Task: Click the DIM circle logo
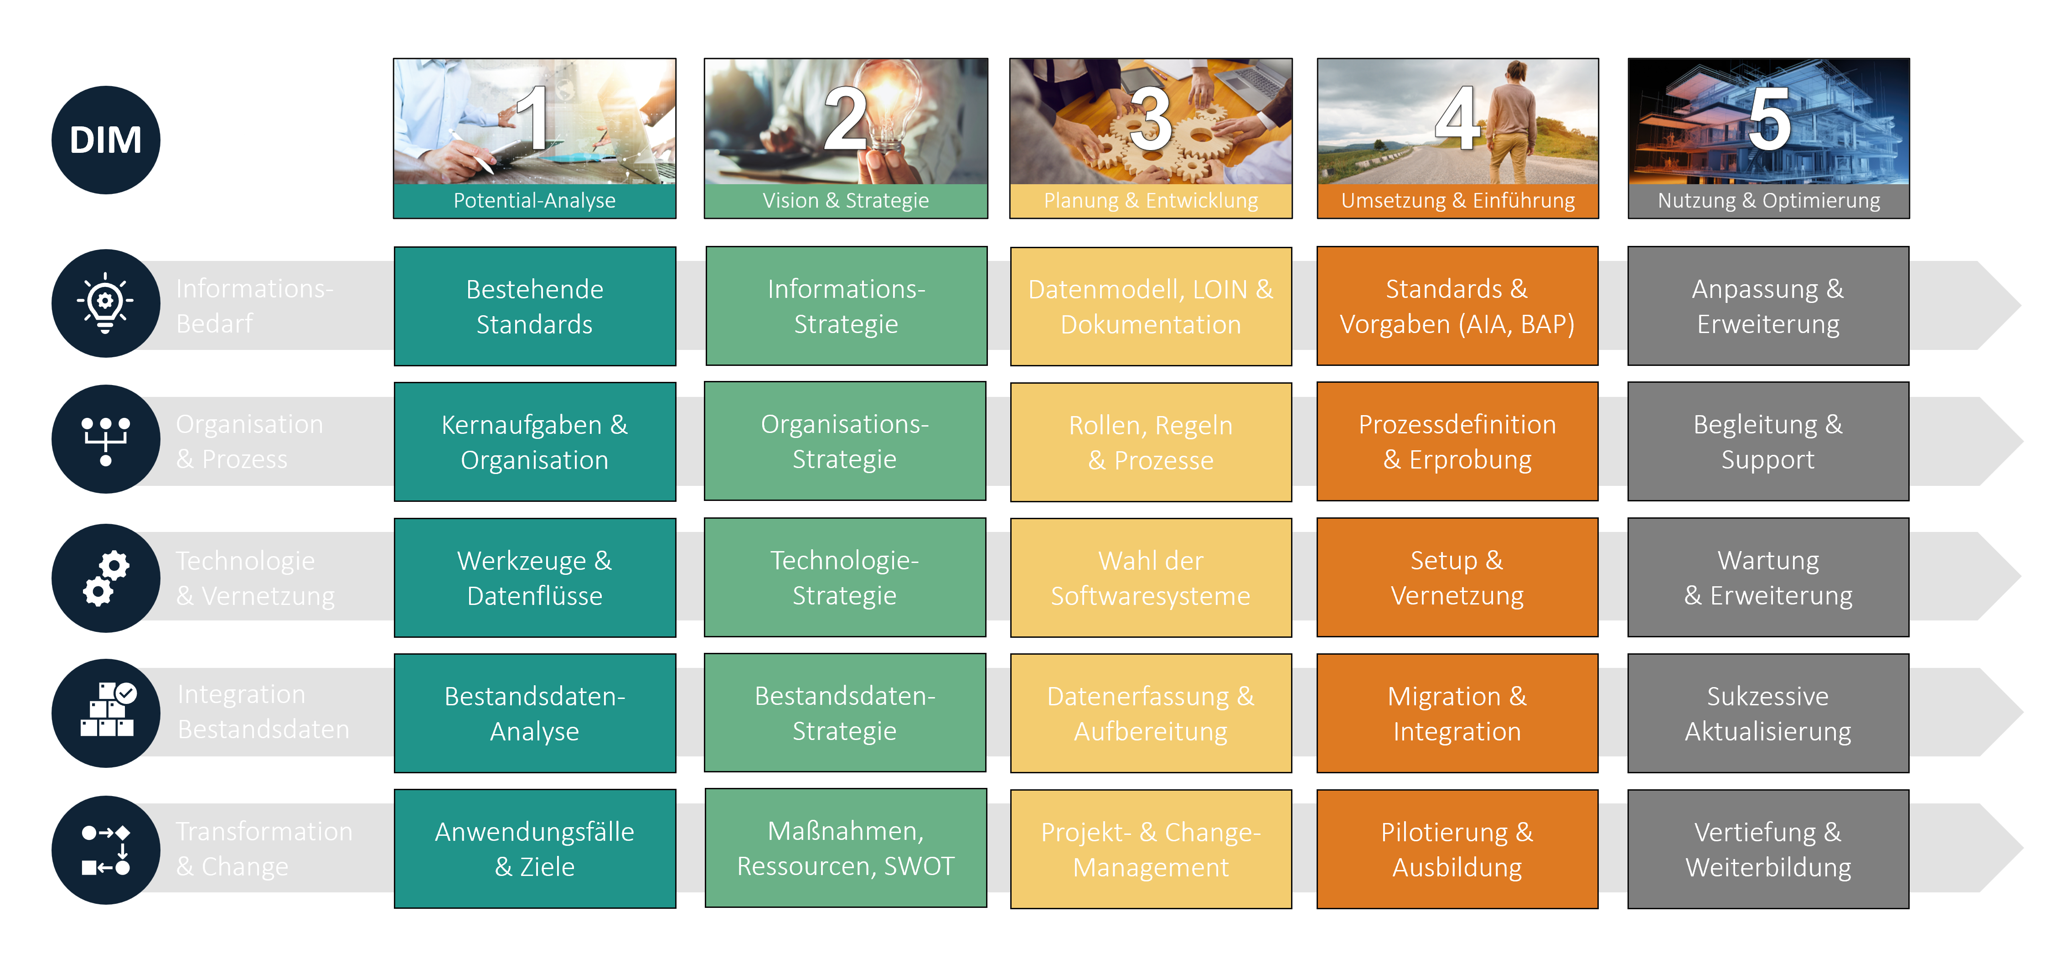click(106, 140)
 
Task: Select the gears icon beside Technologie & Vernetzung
click(106, 578)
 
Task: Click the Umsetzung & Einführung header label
click(1457, 200)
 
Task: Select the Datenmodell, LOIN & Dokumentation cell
click(1150, 306)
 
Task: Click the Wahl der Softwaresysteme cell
click(1150, 578)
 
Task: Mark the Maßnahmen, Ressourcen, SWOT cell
click(845, 848)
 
